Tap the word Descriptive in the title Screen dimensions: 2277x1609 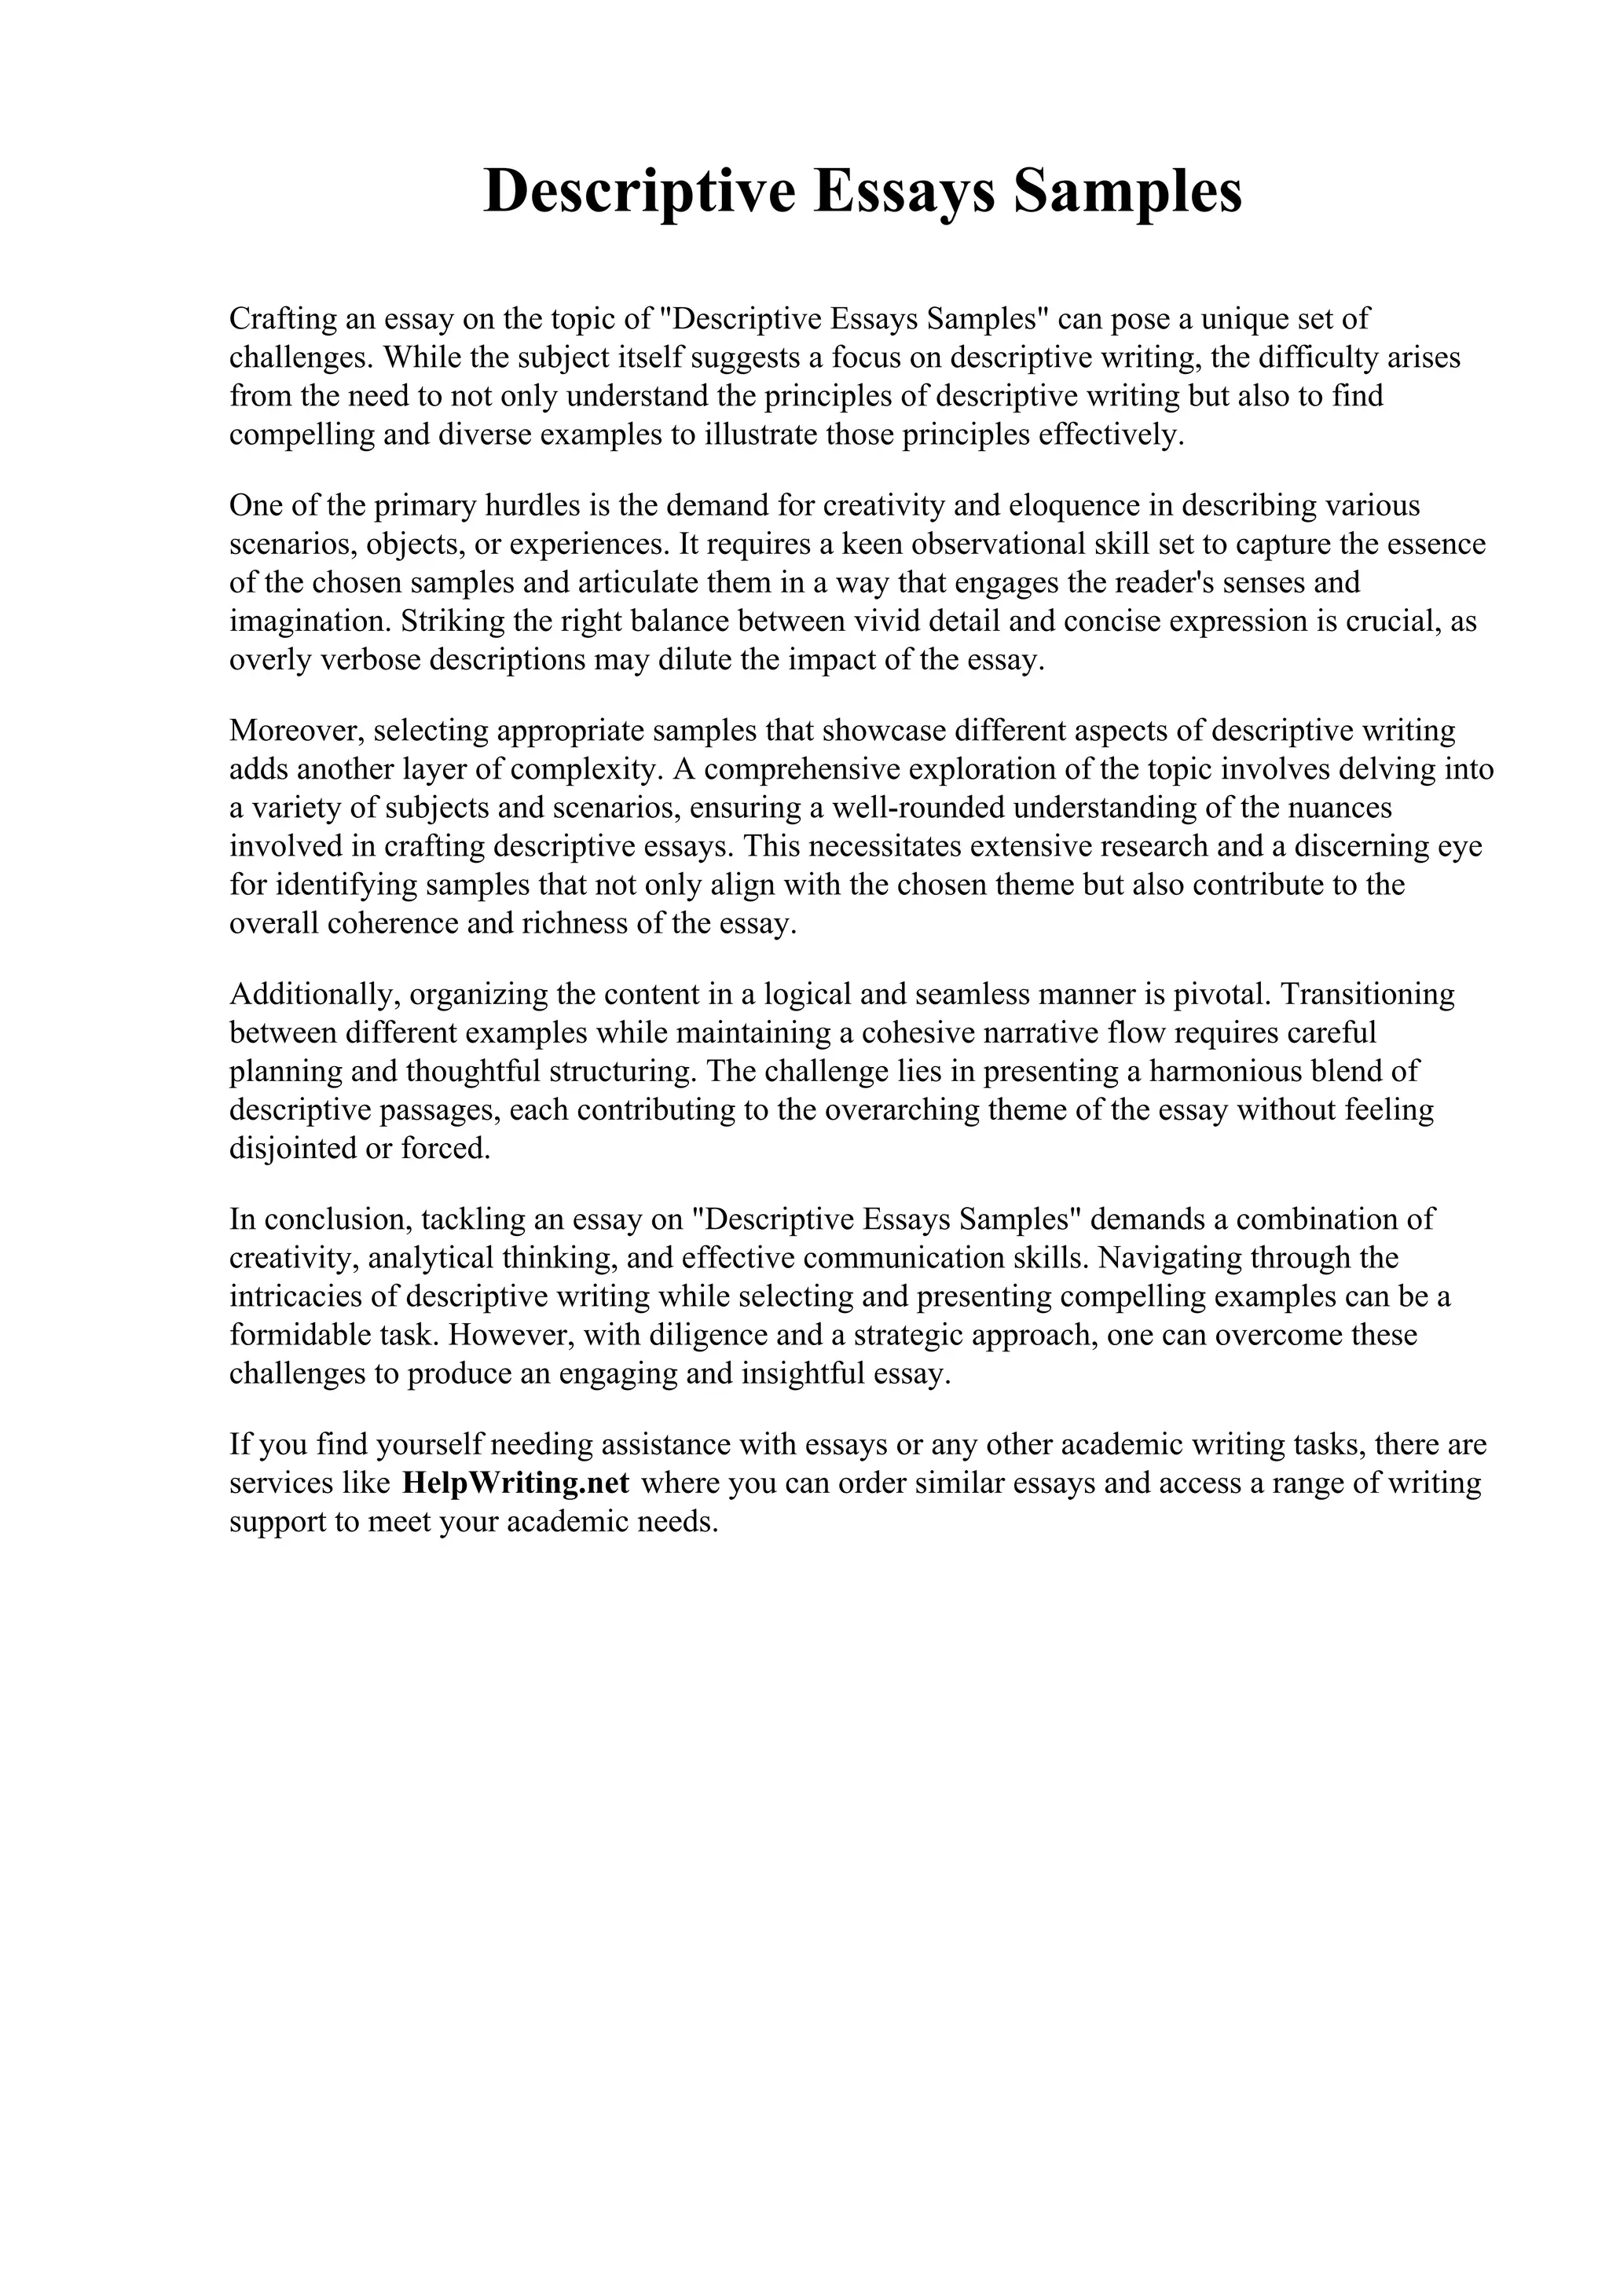[x=640, y=192]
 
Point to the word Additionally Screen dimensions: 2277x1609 [x=314, y=995]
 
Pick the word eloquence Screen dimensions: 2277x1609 [x=1074, y=506]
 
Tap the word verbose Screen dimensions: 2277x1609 [x=370, y=661]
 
